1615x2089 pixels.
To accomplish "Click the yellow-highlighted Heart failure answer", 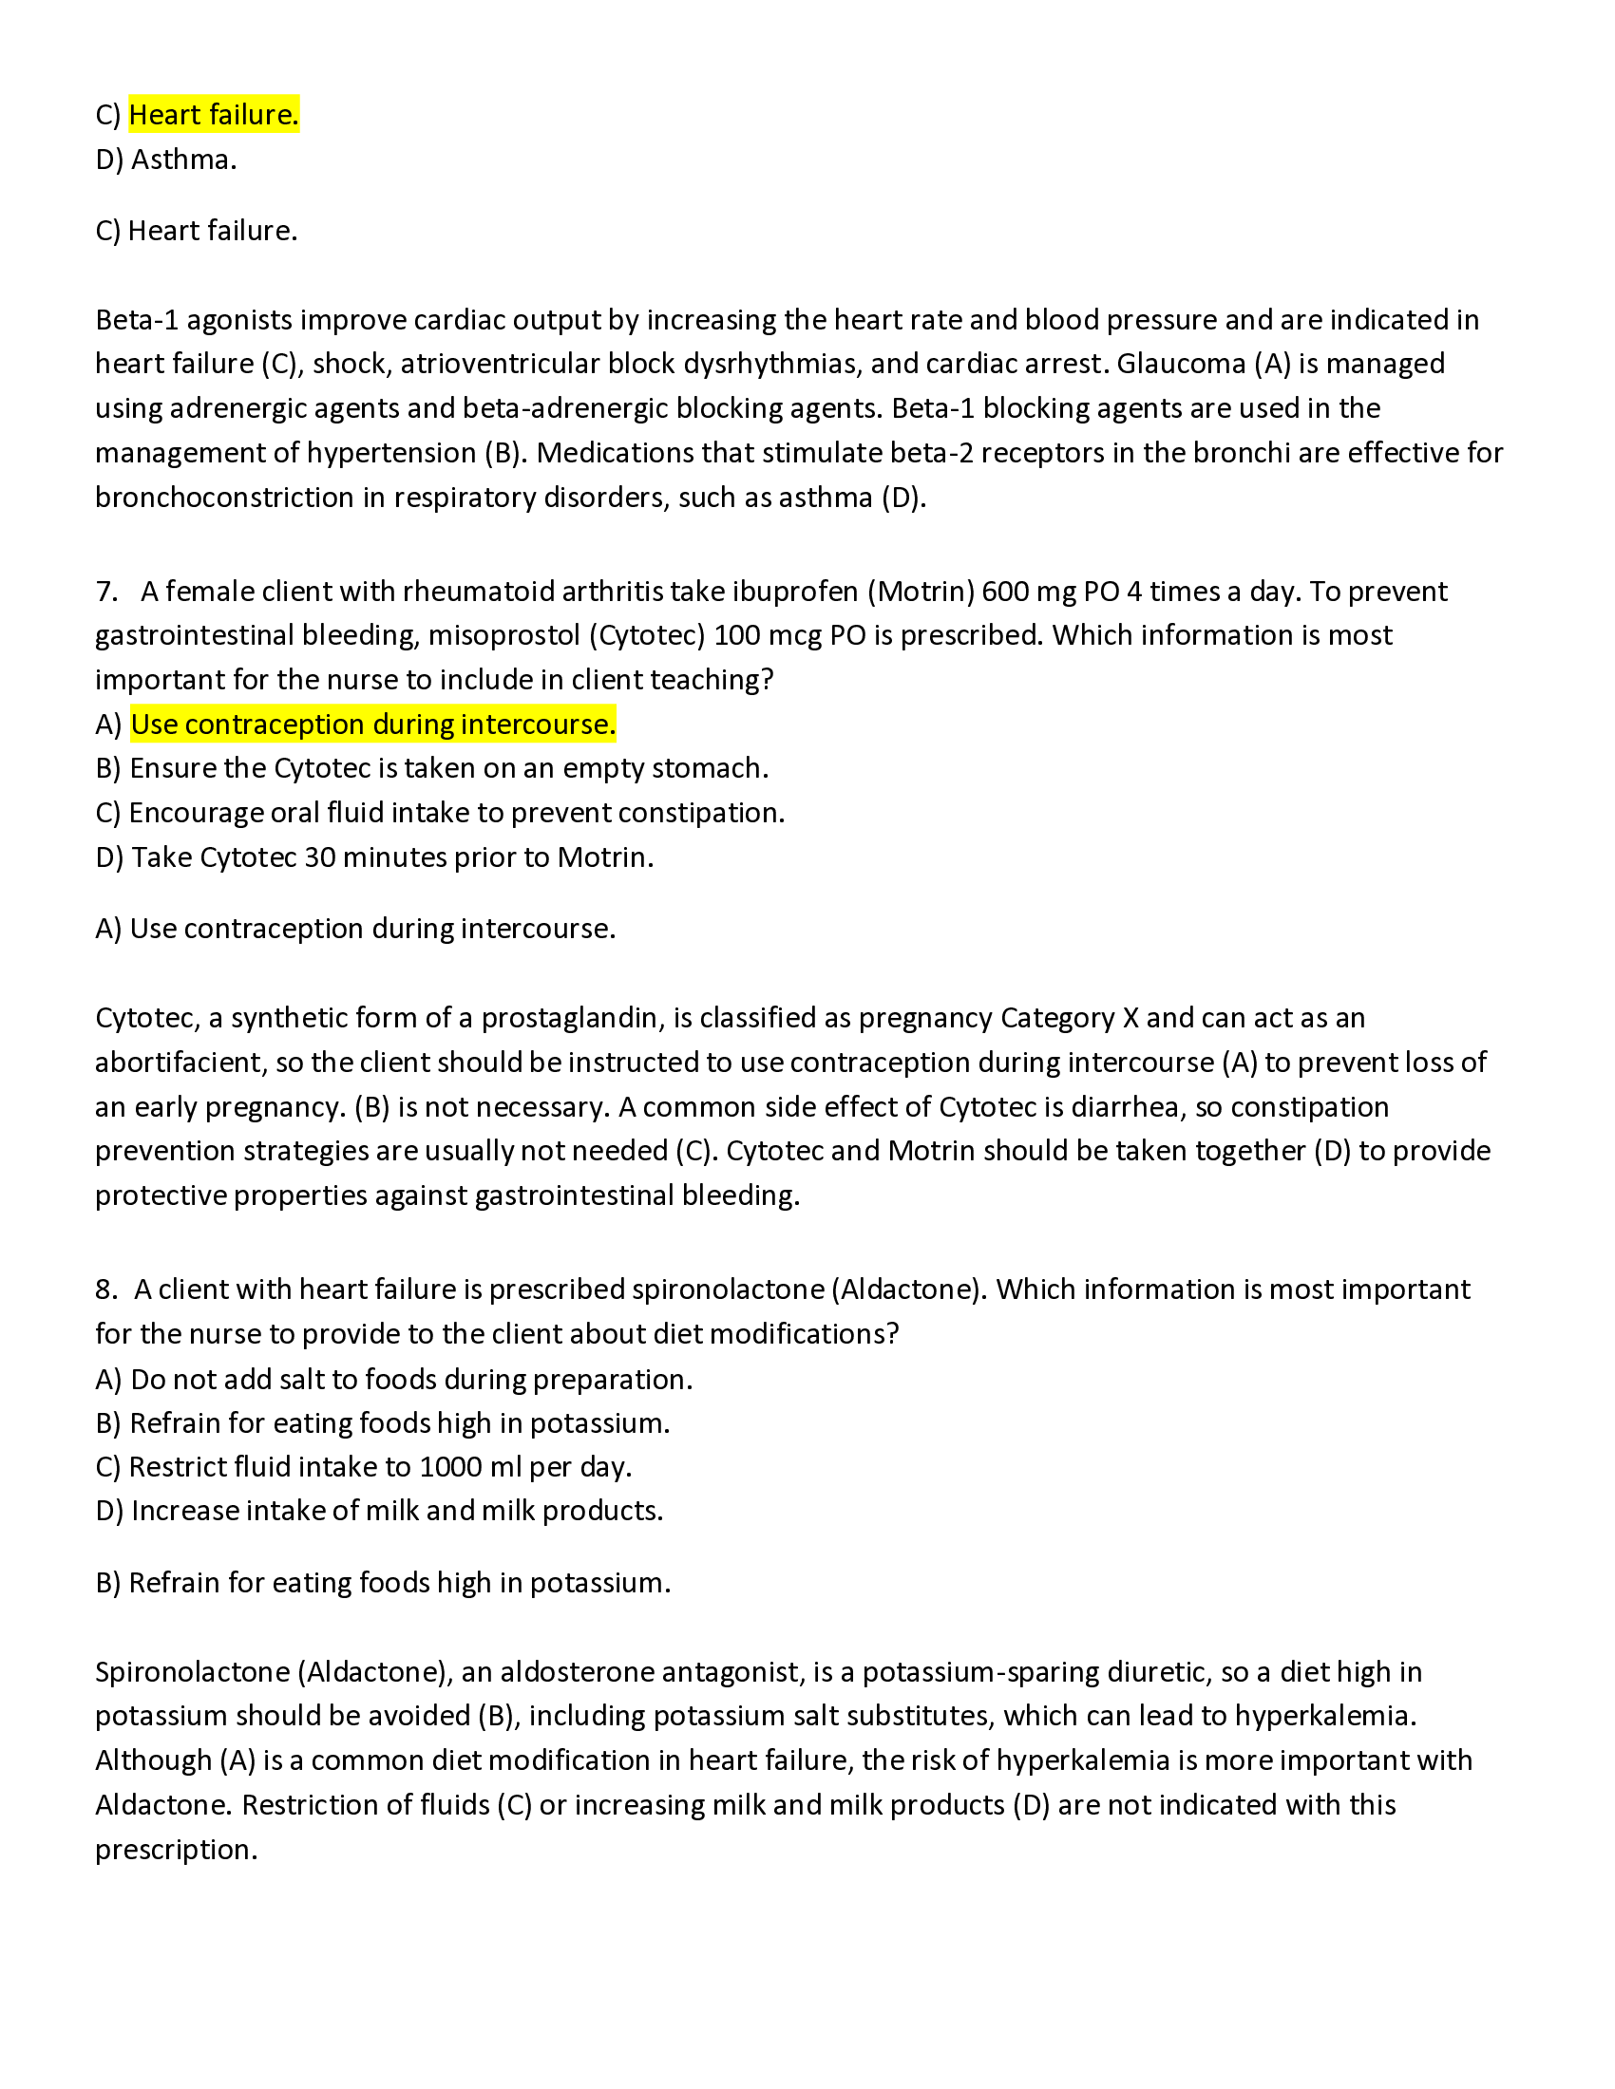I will pyautogui.click(x=214, y=115).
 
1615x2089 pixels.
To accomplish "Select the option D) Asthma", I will pyautogui.click(x=165, y=160).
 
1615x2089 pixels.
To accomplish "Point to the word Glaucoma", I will pyautogui.click(x=1182, y=364).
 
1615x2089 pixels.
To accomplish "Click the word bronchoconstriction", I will pyautogui.click(x=224, y=498).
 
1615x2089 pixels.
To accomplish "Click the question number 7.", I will pyautogui.click(x=105, y=592).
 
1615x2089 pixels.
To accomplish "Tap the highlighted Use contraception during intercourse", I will pyautogui.click(x=373, y=725).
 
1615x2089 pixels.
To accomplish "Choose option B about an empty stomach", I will pyautogui.click(x=431, y=768).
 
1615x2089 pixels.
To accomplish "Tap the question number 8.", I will pyautogui.click(x=105, y=1289).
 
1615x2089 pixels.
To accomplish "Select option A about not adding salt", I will pyautogui.click(x=393, y=1380).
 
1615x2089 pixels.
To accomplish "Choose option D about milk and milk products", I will pyautogui.click(x=379, y=1512).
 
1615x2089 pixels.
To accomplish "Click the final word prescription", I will pyautogui.click(x=176, y=1850).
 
